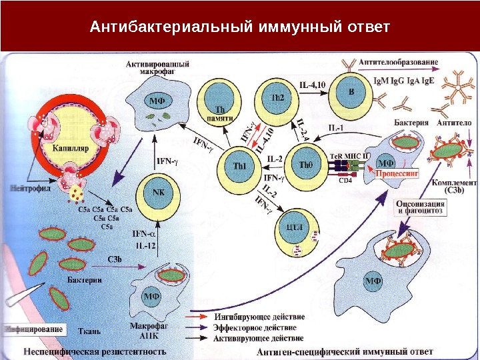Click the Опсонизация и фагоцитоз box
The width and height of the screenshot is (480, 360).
(421, 206)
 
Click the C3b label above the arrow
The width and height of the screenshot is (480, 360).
(115, 258)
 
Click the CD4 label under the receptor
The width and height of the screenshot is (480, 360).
(345, 180)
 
